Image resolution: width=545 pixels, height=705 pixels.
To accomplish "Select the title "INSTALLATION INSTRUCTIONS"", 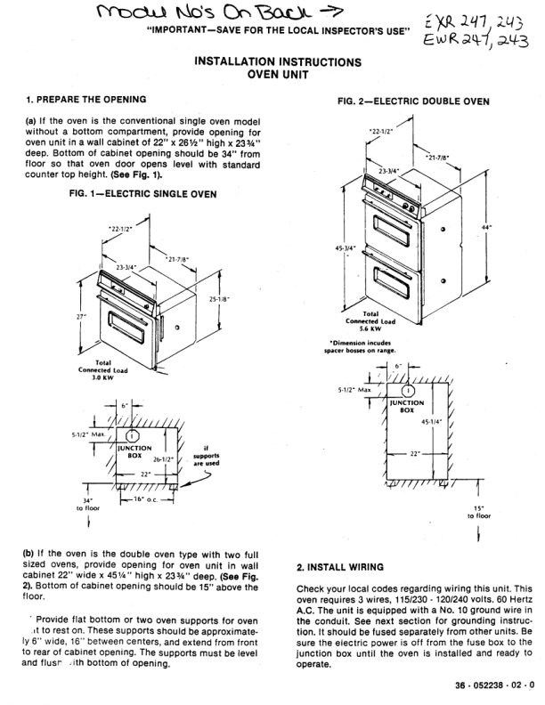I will pos(277,62).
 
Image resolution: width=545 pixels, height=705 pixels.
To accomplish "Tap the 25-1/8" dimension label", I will pos(219,300).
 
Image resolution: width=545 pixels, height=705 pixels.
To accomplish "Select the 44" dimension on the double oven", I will pos(510,229).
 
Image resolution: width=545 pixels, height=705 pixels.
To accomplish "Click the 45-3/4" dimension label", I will pos(345,248).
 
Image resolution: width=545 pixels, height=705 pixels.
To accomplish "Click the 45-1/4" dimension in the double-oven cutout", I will pos(432,422).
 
